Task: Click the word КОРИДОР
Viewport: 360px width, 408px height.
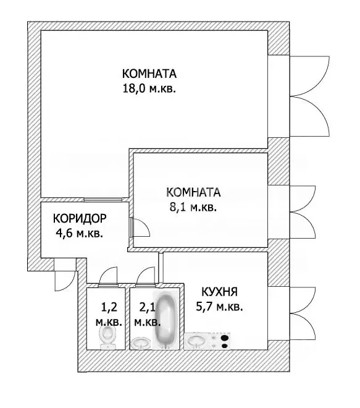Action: tap(80, 219)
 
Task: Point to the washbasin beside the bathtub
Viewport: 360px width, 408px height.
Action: tap(141, 342)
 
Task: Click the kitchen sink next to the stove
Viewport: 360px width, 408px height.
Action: tap(198, 340)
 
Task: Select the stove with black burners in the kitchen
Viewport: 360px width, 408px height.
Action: tap(222, 340)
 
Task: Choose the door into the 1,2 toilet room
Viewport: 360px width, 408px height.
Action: tap(107, 276)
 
